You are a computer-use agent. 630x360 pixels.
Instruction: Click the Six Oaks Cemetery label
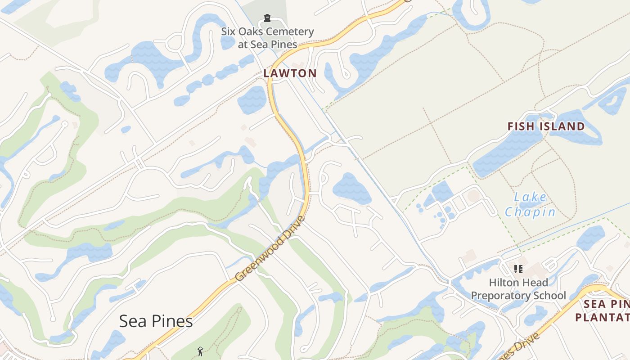(267, 38)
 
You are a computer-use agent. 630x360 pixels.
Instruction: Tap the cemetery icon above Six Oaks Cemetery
(267, 18)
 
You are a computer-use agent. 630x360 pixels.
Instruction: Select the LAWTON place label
(290, 73)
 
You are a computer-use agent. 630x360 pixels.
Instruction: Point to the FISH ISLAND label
(546, 126)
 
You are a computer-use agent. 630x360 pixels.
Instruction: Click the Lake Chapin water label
(530, 204)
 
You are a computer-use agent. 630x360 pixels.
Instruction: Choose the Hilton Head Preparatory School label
(518, 289)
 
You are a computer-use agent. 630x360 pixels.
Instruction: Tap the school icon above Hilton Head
(518, 269)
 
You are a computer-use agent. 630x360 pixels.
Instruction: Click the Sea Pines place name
(156, 321)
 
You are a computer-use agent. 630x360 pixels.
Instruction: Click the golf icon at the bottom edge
(200, 351)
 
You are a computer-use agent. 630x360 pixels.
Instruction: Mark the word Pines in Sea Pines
(173, 321)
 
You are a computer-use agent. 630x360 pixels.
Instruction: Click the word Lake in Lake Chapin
(530, 197)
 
